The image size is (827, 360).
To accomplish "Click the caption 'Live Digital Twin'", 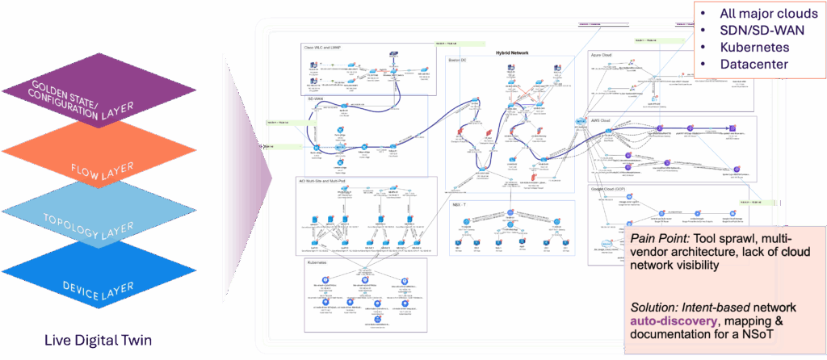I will (99, 341).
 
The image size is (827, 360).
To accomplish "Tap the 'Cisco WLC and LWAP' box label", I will (323, 48).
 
